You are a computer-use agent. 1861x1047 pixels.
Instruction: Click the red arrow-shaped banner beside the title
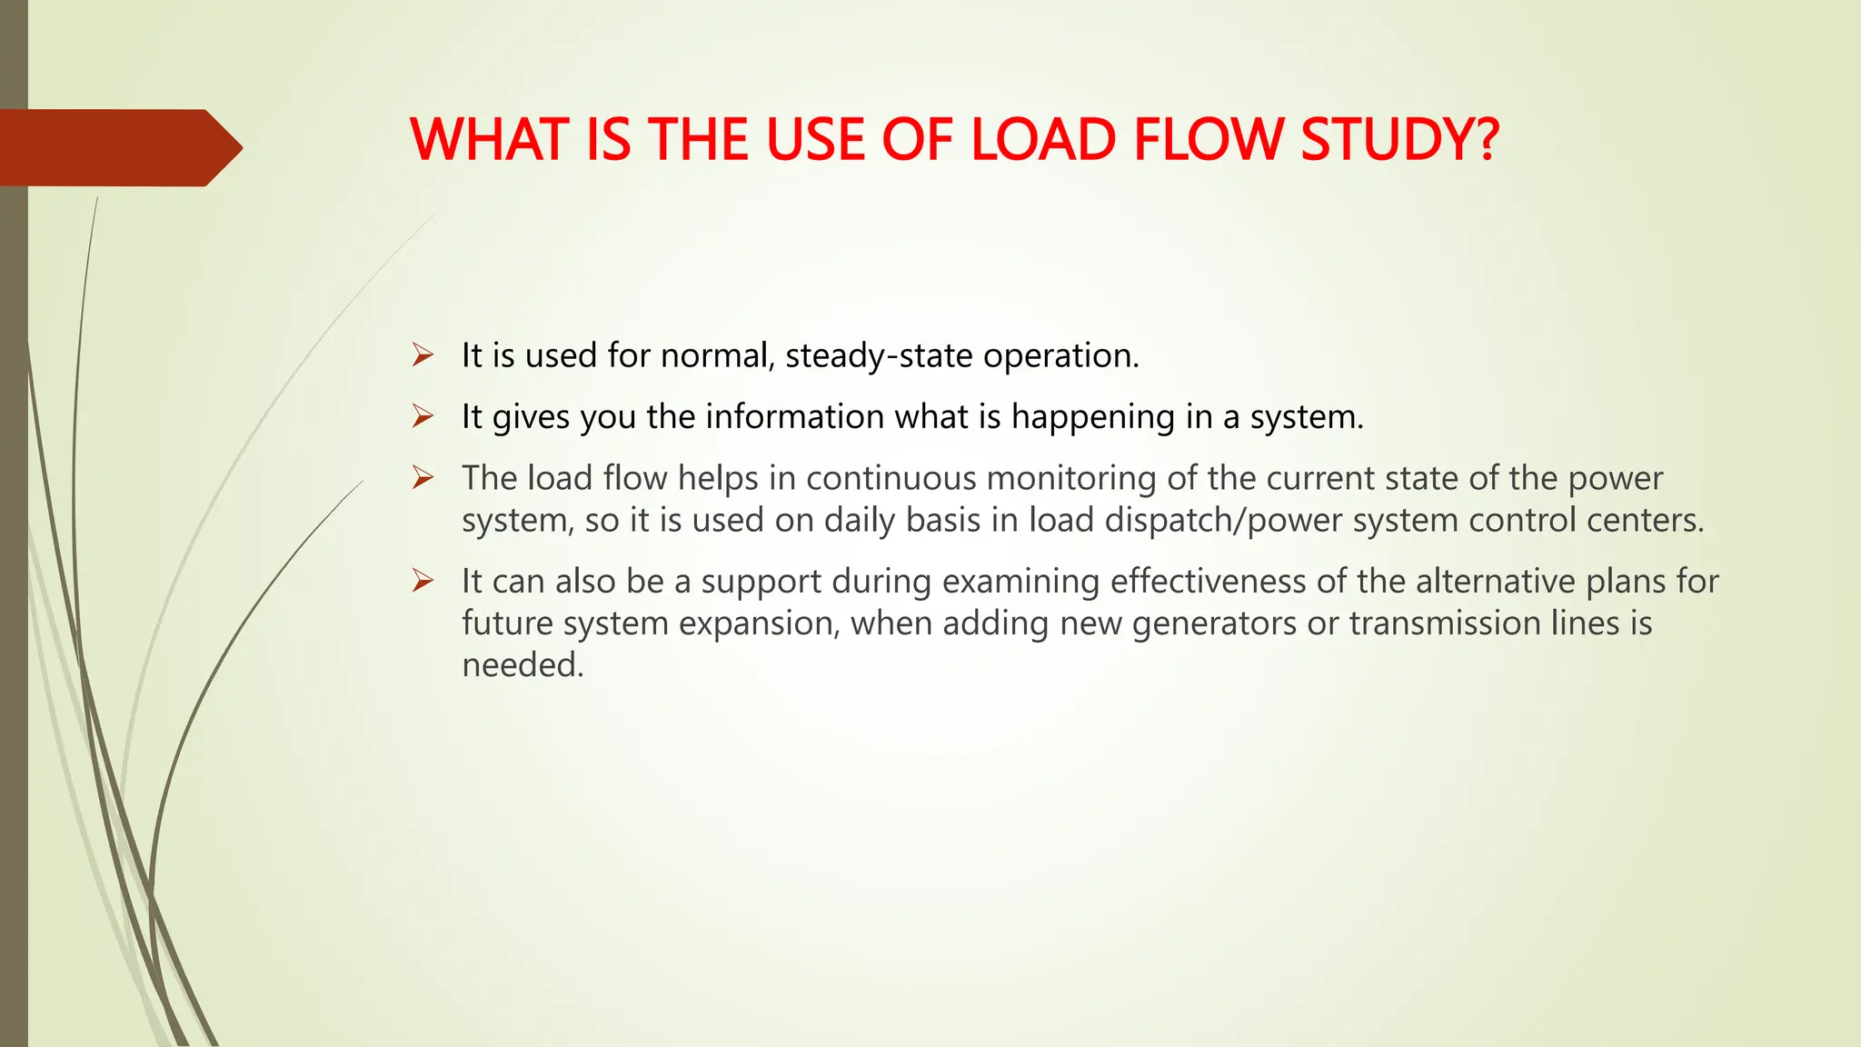pyautogui.click(x=118, y=147)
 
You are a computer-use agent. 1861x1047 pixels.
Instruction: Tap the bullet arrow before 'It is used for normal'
pyautogui.click(x=423, y=354)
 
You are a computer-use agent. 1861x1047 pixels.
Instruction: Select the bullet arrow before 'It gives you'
pyautogui.click(x=423, y=416)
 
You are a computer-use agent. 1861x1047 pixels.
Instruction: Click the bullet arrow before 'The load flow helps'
pyautogui.click(x=423, y=477)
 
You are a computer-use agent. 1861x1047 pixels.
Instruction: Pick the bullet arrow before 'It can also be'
pyautogui.click(x=423, y=581)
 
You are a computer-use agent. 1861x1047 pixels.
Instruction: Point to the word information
pyautogui.click(x=794, y=416)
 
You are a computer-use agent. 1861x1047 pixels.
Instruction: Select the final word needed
pyautogui.click(x=522, y=665)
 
